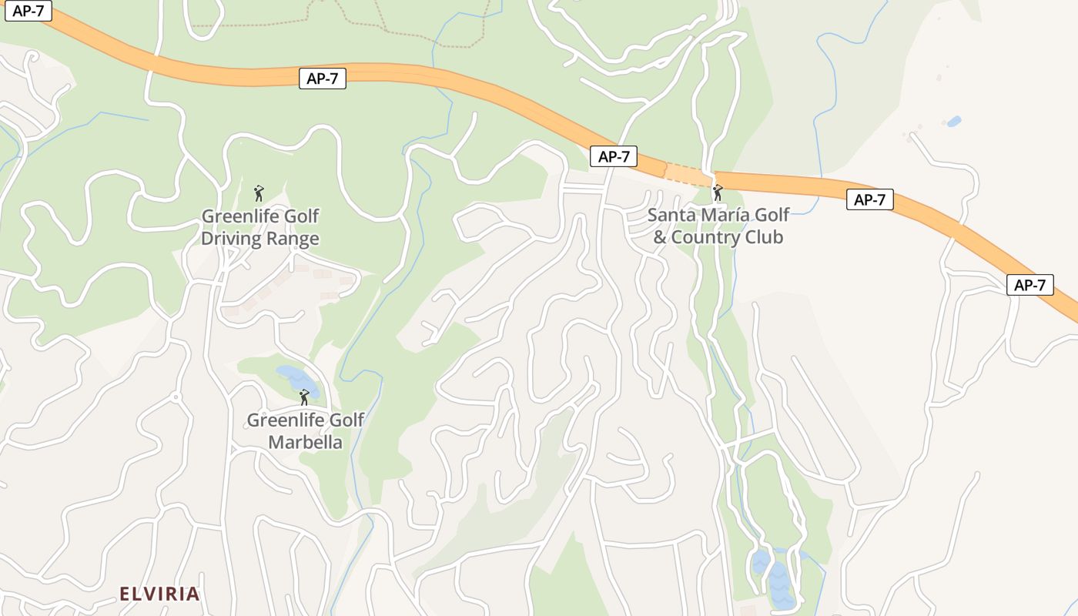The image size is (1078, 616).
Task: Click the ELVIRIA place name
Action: [159, 594]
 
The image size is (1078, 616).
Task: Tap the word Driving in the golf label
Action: [231, 239]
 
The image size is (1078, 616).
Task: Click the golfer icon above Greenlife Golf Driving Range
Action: [259, 192]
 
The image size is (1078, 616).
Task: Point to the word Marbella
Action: [305, 443]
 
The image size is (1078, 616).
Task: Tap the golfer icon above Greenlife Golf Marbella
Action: [304, 397]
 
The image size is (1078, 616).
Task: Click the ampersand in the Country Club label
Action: [660, 237]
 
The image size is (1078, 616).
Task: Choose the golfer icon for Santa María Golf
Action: [718, 192]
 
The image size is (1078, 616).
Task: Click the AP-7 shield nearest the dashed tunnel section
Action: [614, 156]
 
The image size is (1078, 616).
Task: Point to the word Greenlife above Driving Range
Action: [233, 216]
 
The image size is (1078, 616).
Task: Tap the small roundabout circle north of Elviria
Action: [176, 397]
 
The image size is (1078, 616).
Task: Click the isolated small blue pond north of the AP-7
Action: [953, 122]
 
